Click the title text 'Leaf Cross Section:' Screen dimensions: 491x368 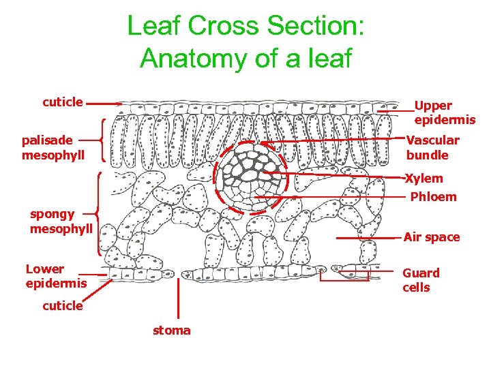tap(245, 27)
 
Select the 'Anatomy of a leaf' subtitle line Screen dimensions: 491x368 tap(245, 58)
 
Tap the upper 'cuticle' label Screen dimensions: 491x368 tap(63, 102)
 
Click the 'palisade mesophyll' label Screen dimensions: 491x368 tap(53, 147)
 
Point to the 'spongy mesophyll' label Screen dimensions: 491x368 tap(61, 221)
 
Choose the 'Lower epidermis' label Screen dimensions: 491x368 tap(56, 275)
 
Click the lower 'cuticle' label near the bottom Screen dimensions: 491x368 tap(63, 306)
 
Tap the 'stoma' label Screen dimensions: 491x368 tap(171, 331)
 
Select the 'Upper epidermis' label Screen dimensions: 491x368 tap(445, 112)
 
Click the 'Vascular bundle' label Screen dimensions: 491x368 tap(433, 147)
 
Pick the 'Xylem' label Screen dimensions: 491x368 tap(424, 179)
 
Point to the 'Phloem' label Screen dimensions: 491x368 tap(433, 197)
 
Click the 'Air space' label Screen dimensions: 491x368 tap(432, 237)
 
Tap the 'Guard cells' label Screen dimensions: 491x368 tap(421, 280)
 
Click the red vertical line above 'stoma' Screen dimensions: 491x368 tap(179, 300)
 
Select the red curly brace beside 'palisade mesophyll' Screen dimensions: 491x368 tap(102, 140)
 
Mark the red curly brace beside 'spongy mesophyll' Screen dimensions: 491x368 tap(100, 213)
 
